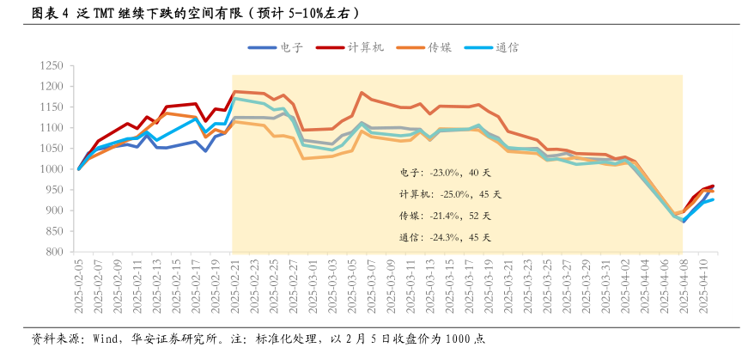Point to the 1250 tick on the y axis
52,65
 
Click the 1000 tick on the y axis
52,169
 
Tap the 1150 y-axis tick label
52,107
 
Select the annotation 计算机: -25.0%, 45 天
445,194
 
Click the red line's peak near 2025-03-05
362,92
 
